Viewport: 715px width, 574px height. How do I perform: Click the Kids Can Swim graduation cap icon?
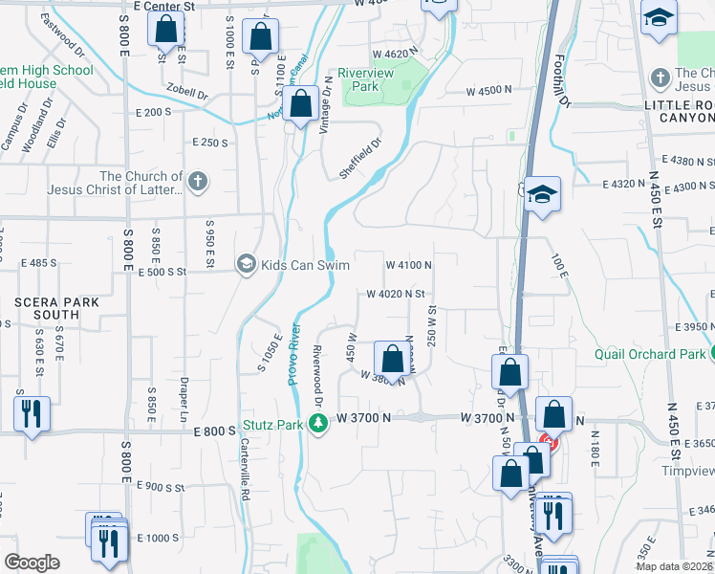click(247, 264)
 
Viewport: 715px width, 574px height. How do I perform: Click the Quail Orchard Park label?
click(649, 354)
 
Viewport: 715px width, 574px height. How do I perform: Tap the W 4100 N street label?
click(408, 265)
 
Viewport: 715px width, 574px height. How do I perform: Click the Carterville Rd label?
click(245, 469)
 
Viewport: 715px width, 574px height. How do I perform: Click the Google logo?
click(32, 563)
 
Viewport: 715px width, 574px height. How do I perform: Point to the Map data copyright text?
click(673, 566)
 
